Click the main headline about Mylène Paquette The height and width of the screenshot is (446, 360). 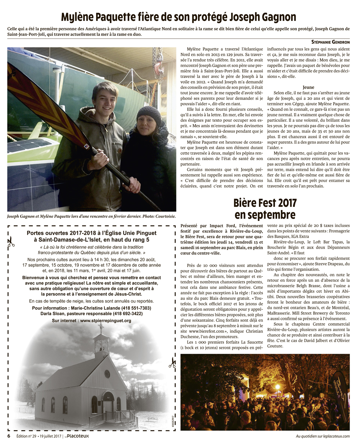pos(178,17)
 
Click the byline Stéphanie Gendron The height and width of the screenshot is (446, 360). pos(330,42)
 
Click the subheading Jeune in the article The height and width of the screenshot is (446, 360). pos(308,87)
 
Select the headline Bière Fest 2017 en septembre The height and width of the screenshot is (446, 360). pos(265,209)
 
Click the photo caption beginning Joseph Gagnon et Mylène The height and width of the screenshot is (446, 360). pos(91,217)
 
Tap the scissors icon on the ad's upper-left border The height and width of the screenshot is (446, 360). pos(11,241)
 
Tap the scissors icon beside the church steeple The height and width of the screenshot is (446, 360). pos(172,362)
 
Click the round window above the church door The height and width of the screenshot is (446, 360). pos(107,374)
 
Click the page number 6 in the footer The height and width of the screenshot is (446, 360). pos(9,436)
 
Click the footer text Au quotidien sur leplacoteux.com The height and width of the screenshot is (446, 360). pos(322,436)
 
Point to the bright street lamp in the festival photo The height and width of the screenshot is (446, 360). pos(277,386)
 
